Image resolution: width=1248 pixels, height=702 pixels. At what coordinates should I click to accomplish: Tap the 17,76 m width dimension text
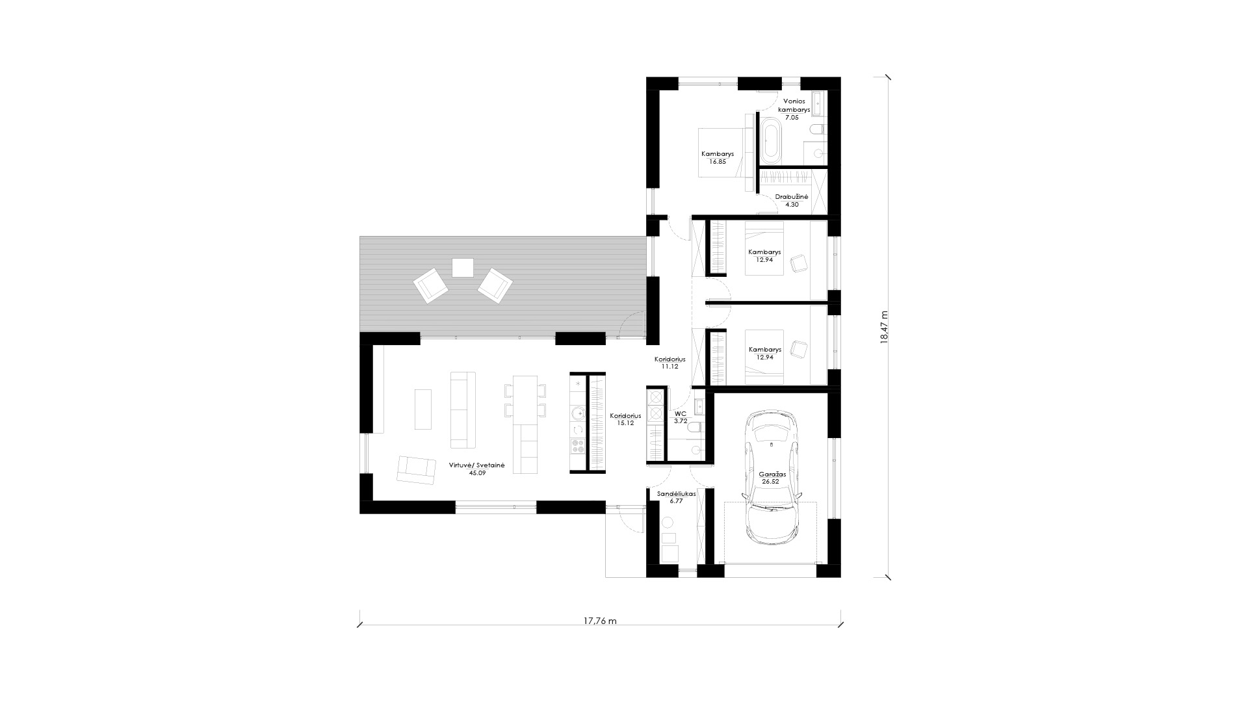pyautogui.click(x=600, y=621)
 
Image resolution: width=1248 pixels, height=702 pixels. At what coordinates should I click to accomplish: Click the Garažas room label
pyautogui.click(x=772, y=474)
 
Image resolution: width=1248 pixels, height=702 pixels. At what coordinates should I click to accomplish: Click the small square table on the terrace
pyautogui.click(x=463, y=267)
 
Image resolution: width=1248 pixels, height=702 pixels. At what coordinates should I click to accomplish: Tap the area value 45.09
pyautogui.click(x=477, y=473)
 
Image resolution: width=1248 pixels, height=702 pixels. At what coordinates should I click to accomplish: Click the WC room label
pyautogui.click(x=681, y=413)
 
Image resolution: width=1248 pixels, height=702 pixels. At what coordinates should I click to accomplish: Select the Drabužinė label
pyautogui.click(x=791, y=196)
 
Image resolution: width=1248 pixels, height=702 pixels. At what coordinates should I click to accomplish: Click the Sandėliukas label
pyautogui.click(x=677, y=493)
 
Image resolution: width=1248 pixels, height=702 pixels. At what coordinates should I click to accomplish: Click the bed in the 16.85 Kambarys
pyautogui.click(x=721, y=152)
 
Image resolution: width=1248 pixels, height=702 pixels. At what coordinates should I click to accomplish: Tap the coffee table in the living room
pyautogui.click(x=423, y=409)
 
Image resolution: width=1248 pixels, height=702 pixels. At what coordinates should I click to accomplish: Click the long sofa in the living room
pyautogui.click(x=463, y=409)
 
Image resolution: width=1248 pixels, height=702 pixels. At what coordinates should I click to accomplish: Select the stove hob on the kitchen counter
pyautogui.click(x=578, y=446)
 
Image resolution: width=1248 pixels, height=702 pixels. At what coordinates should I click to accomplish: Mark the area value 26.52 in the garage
pyautogui.click(x=772, y=482)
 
